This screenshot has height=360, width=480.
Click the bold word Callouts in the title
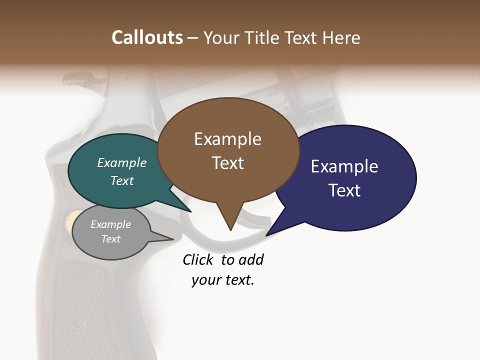pyautogui.click(x=147, y=37)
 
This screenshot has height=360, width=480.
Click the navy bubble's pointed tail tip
pyautogui.click(x=266, y=235)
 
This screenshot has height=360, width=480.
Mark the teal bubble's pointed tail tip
pyautogui.click(x=191, y=212)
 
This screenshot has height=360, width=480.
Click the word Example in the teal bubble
pyautogui.click(x=122, y=163)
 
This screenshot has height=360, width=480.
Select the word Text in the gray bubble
pyautogui.click(x=111, y=239)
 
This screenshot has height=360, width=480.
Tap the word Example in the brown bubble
pyautogui.click(x=228, y=139)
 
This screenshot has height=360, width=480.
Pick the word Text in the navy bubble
pyautogui.click(x=345, y=190)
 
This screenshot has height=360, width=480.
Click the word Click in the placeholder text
pyautogui.click(x=197, y=260)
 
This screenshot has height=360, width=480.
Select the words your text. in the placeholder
pyautogui.click(x=223, y=280)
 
